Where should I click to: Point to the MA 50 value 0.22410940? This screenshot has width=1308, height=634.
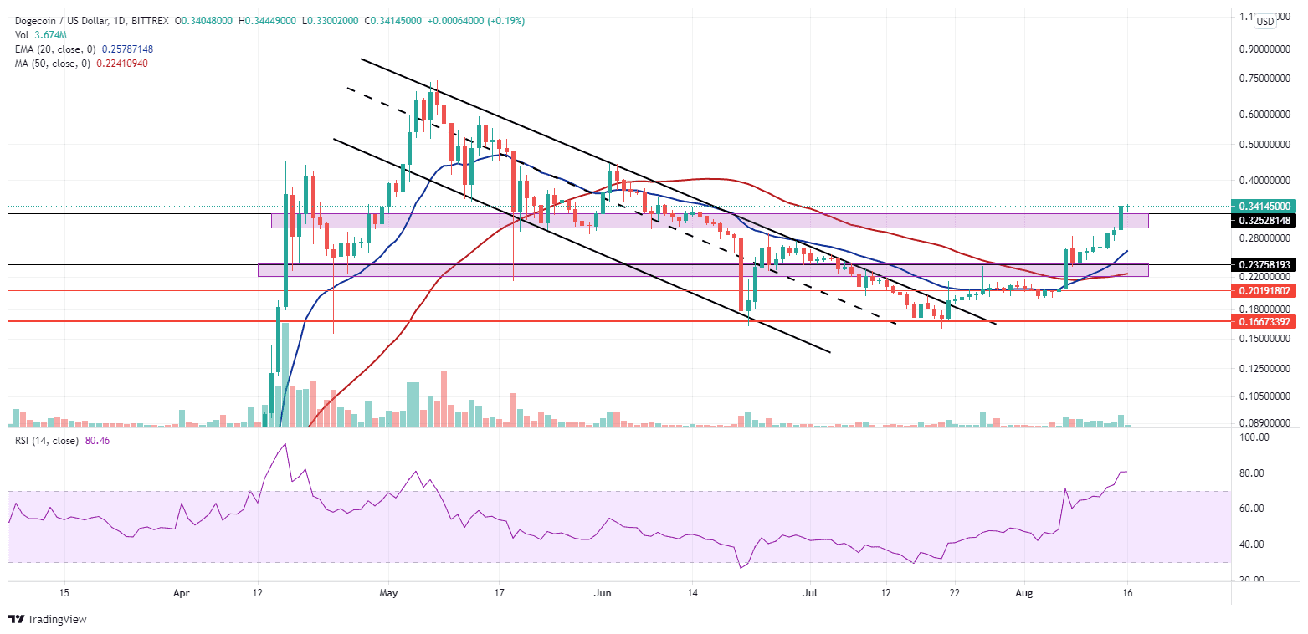(x=117, y=64)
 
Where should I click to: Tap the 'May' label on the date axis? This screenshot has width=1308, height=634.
(x=387, y=594)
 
